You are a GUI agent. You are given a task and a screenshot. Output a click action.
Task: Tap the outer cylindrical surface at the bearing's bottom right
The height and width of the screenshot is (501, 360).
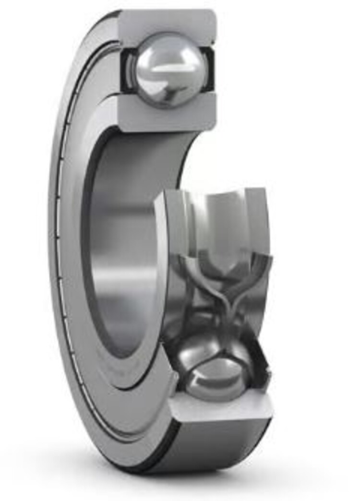click(226, 446)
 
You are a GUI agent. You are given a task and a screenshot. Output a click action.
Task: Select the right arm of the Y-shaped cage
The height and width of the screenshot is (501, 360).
click(250, 274)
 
